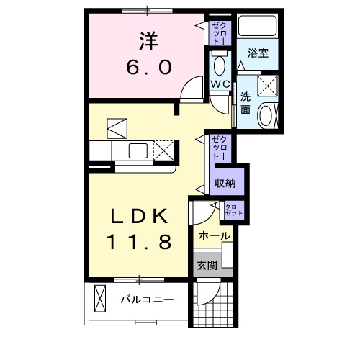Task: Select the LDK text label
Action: pyautogui.click(x=140, y=216)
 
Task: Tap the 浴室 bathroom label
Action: pyautogui.click(x=258, y=53)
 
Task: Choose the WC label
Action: pyautogui.click(x=220, y=84)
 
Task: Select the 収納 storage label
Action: pyautogui.click(x=225, y=183)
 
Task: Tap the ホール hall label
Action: pyautogui.click(x=215, y=235)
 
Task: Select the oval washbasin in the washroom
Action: pyautogui.click(x=266, y=116)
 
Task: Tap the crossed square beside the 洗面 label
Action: pyautogui.click(x=269, y=85)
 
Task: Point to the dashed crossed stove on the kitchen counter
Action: pyautogui.click(x=164, y=151)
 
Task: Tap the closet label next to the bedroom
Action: pyautogui.click(x=219, y=33)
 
